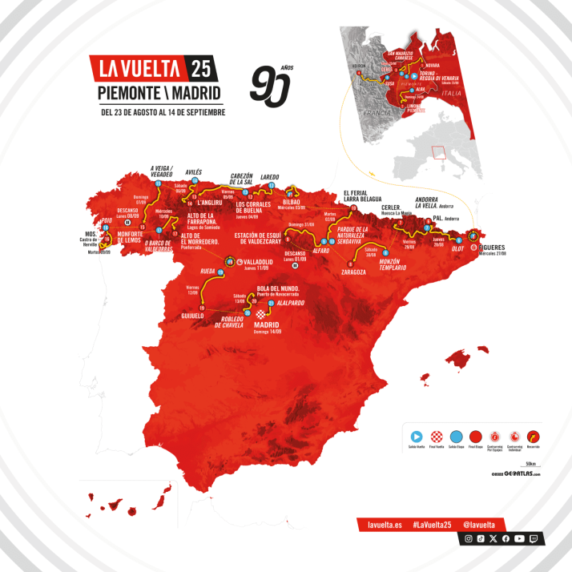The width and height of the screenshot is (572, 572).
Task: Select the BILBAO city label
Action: (x=290, y=202)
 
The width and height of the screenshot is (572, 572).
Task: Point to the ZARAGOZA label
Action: (x=352, y=272)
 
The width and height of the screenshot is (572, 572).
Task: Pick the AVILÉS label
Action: (x=193, y=172)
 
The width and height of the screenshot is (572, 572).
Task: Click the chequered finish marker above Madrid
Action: (x=259, y=314)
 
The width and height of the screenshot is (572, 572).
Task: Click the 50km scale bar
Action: (x=529, y=465)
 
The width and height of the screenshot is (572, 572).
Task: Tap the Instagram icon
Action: (x=469, y=539)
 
